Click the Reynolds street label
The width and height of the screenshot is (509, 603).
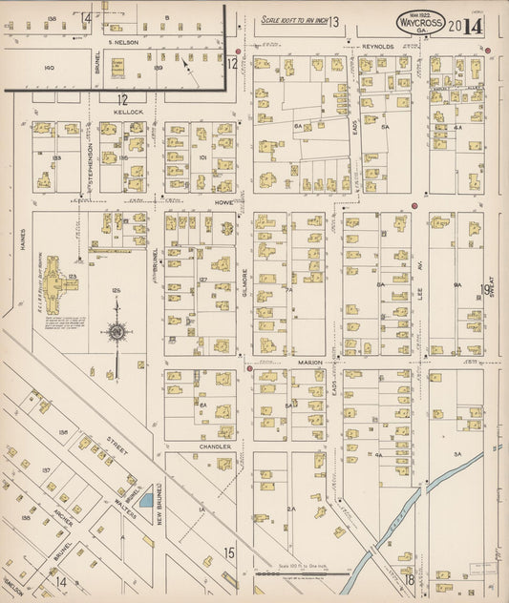coord(377,46)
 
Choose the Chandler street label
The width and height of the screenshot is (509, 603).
coord(215,446)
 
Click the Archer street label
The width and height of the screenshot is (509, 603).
coord(49,530)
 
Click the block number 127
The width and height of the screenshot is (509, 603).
coord(202,281)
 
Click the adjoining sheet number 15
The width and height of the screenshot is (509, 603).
coord(228,551)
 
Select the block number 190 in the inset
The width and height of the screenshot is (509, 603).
coord(51,68)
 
